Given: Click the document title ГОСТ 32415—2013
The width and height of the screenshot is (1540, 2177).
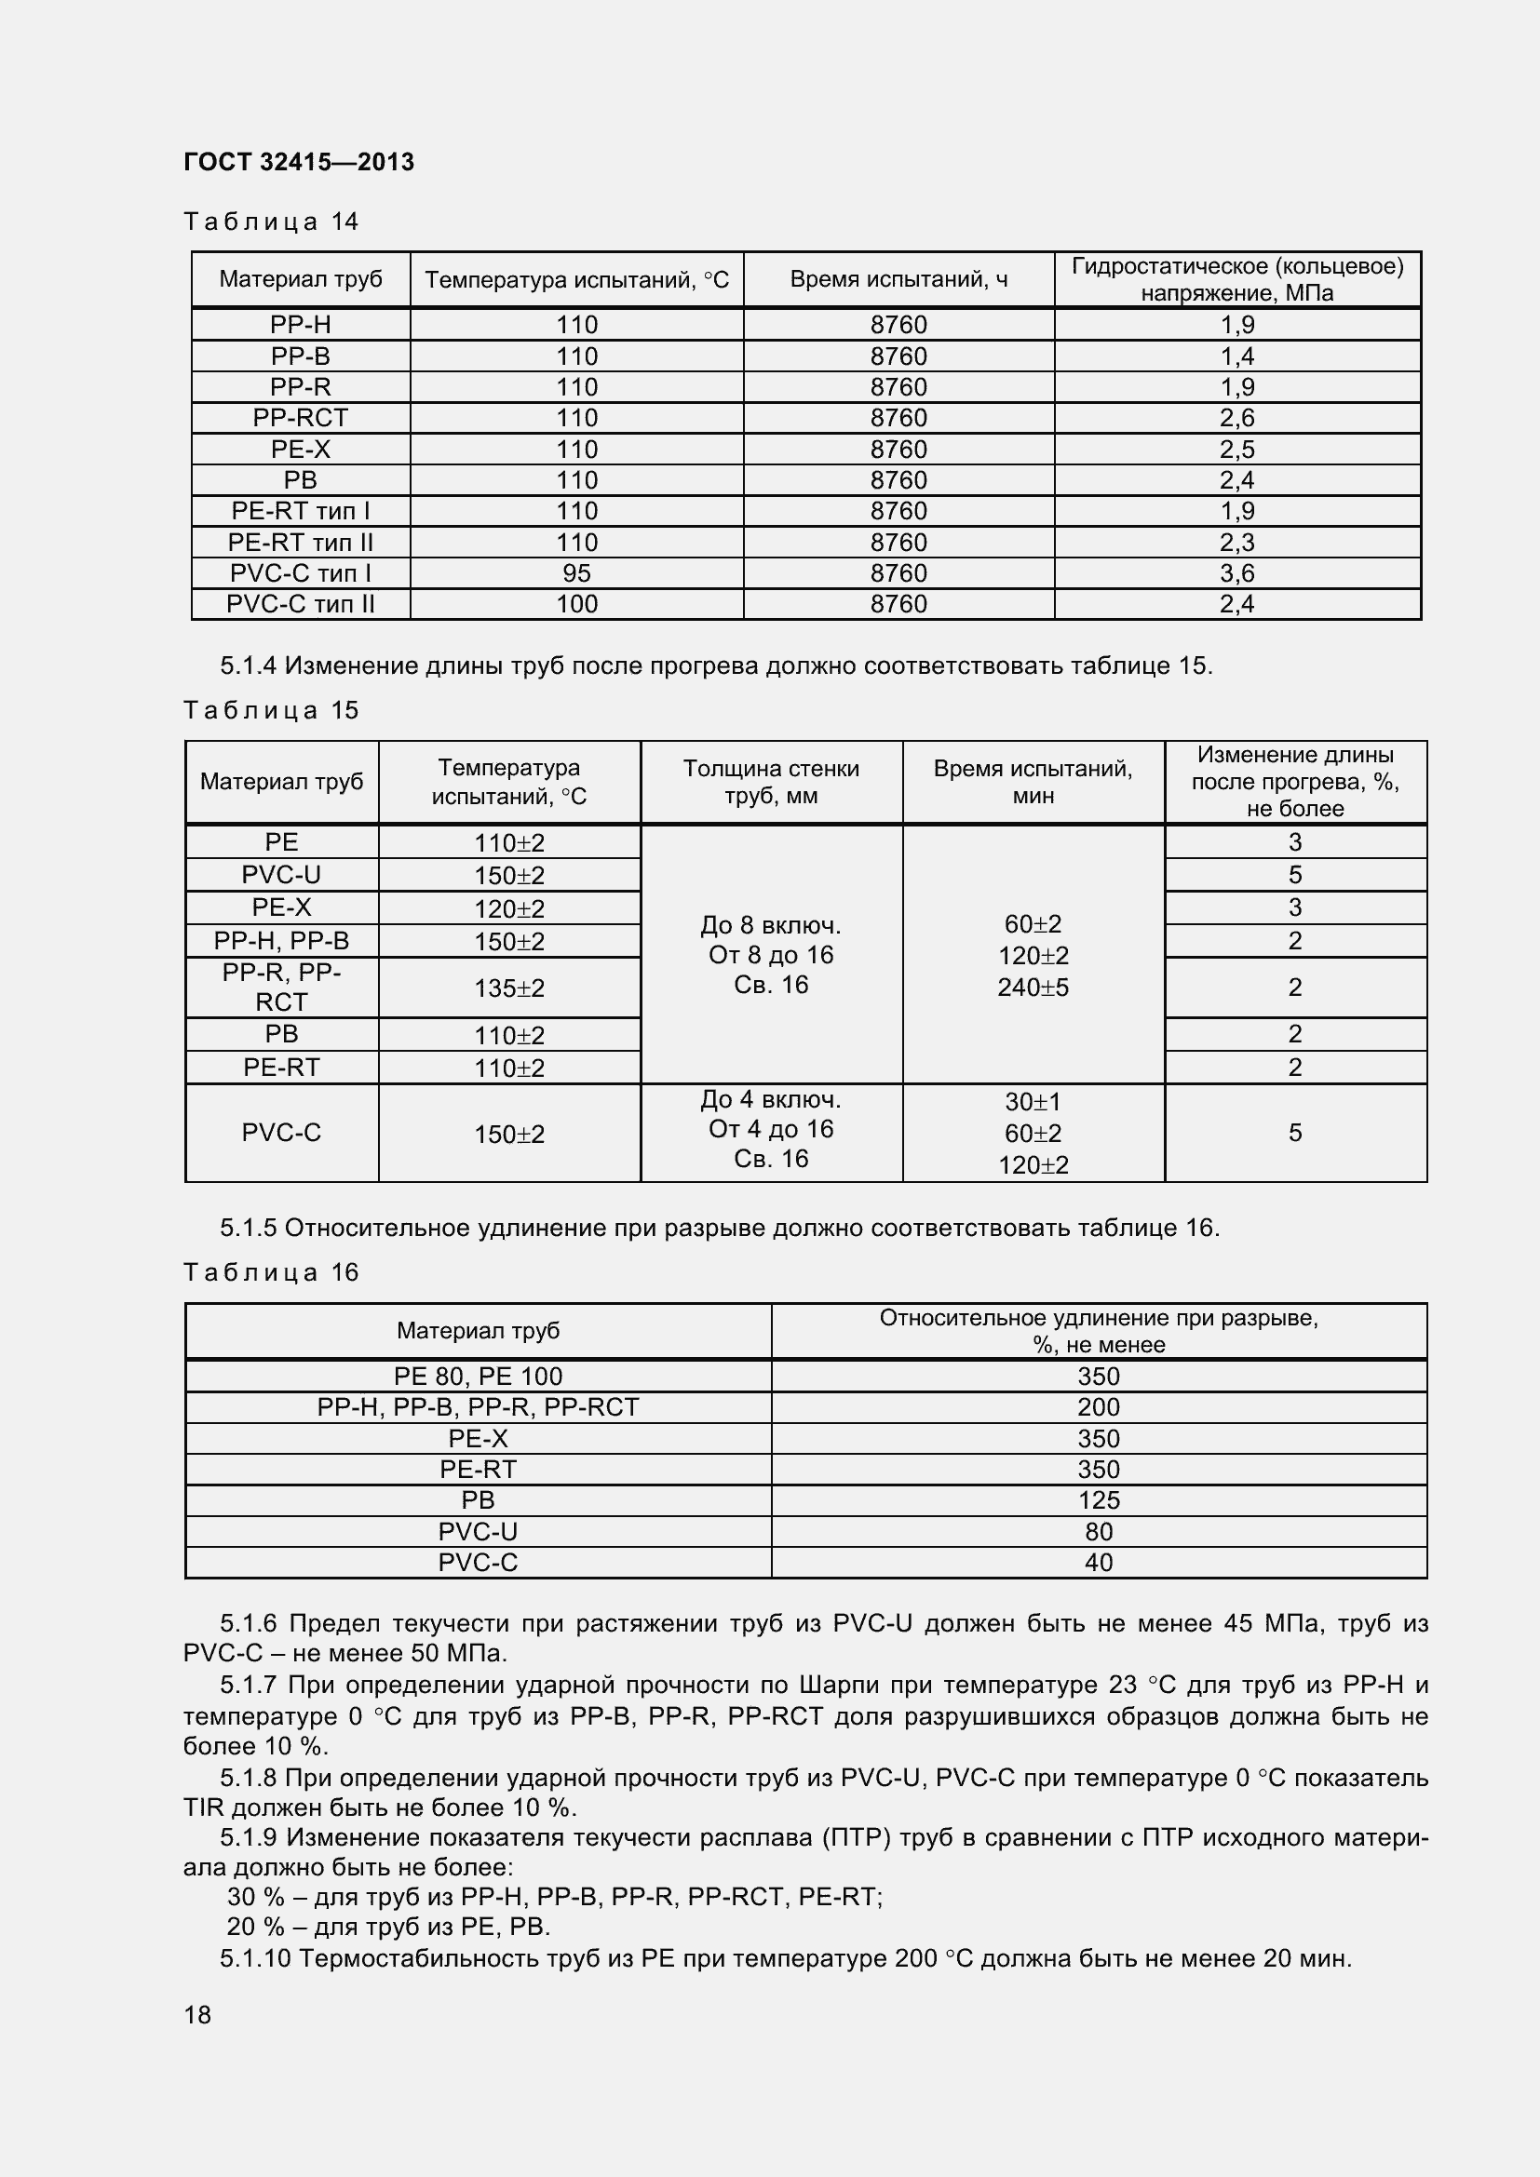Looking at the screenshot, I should pyautogui.click(x=299, y=162).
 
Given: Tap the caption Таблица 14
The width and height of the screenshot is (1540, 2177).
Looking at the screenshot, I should pyautogui.click(x=271, y=222).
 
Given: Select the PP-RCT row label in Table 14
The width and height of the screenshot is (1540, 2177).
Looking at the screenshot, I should pyautogui.click(x=301, y=418).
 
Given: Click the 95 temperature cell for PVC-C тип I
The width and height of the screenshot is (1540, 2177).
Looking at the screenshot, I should pyautogui.click(x=576, y=573).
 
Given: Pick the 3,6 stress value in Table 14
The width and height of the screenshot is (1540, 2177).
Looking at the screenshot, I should pyautogui.click(x=1236, y=573).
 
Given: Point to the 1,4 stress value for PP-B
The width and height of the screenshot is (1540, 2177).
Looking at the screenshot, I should pyautogui.click(x=1236, y=356).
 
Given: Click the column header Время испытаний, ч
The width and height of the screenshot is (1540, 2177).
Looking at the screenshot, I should pyautogui.click(x=898, y=280).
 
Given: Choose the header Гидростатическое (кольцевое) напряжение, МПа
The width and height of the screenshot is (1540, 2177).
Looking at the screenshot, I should pyautogui.click(x=1236, y=280).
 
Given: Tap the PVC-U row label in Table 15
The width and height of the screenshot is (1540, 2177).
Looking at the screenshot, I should pyautogui.click(x=281, y=875).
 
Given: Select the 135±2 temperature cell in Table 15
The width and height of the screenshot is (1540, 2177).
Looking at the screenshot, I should pyautogui.click(x=509, y=988).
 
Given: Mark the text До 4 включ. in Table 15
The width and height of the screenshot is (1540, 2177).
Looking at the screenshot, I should pyautogui.click(x=771, y=1100).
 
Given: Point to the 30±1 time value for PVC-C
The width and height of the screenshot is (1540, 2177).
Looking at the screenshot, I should pyautogui.click(x=1033, y=1103).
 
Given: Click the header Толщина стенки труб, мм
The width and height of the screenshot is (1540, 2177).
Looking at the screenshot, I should pyautogui.click(x=771, y=782).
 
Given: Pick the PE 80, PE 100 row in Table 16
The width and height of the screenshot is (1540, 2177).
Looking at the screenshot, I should pyautogui.click(x=478, y=1377).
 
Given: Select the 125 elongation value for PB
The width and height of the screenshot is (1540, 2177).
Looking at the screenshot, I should pyautogui.click(x=1098, y=1501).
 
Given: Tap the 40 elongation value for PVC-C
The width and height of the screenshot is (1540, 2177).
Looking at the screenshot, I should pyautogui.click(x=1098, y=1563).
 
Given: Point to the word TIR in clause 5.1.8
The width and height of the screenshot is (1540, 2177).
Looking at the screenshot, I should pyautogui.click(x=203, y=1808).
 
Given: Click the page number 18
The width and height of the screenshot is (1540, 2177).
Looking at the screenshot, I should pyautogui.click(x=197, y=2015).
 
